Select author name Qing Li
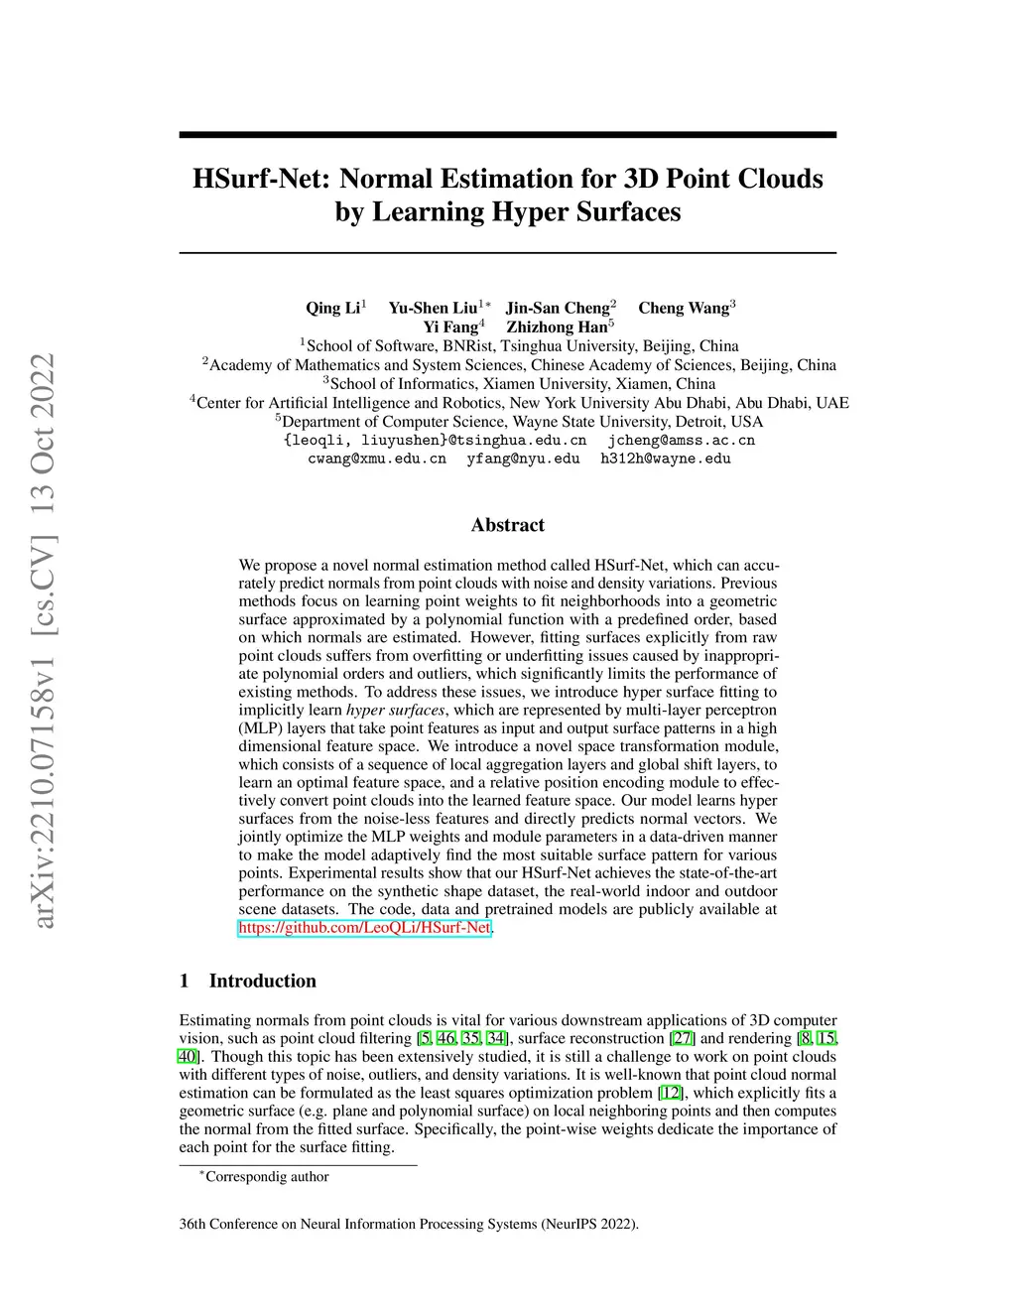coord(332,308)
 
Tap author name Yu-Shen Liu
coord(433,308)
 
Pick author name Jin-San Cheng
coord(558,308)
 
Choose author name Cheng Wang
coord(684,308)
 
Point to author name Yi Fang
coord(450,327)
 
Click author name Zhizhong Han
coord(557,327)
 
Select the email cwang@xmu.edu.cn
coord(377,459)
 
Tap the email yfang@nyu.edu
coord(523,459)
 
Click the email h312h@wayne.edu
coord(666,459)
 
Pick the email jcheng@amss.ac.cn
coord(682,440)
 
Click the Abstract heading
coord(508,525)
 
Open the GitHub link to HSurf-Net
coord(365,928)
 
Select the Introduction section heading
coord(262,981)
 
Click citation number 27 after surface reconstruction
coord(684,1038)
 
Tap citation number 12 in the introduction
coord(671,1093)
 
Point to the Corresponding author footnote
coord(266,1177)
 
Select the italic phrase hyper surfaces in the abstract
coord(396,710)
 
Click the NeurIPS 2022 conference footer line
coord(409,1224)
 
